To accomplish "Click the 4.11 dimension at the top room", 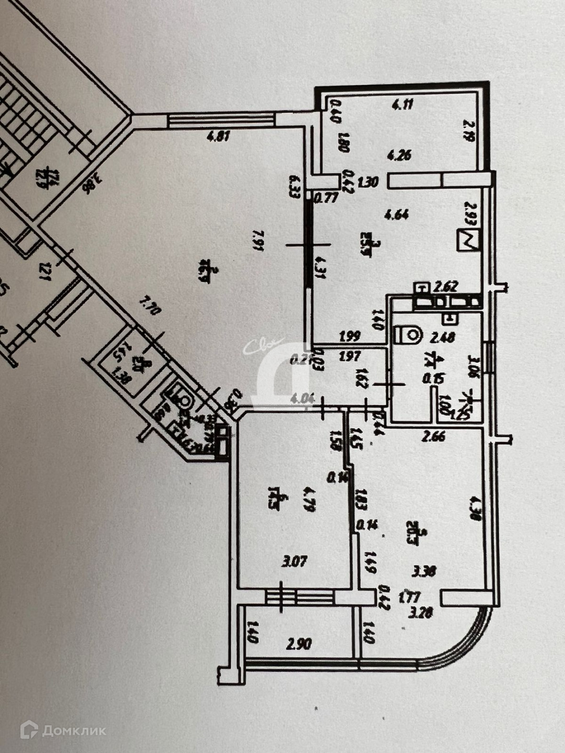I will pos(403,104).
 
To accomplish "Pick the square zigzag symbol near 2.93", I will pos(469,241).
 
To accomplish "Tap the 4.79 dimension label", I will pos(309,499).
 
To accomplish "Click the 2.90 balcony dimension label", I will pos(299,643).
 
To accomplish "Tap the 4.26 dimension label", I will pos(399,155).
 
